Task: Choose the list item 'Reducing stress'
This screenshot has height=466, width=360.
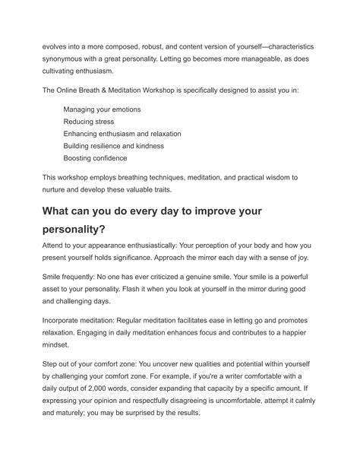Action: [88, 121]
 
